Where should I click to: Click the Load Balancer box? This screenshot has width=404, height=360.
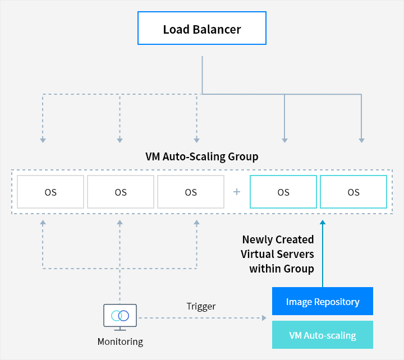(202, 29)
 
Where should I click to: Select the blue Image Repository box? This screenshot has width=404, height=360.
(322, 302)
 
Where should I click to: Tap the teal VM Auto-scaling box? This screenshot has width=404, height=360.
(322, 335)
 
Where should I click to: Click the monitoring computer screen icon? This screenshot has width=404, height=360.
(120, 316)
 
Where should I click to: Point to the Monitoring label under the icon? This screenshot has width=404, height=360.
(120, 341)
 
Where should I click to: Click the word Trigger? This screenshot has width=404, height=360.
(201, 306)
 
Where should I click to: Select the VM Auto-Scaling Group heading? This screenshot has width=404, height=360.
(202, 156)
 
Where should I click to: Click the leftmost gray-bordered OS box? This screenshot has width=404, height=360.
(50, 192)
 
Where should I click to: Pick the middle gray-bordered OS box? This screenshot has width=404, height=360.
(121, 192)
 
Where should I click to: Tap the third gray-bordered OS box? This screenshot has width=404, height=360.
(191, 192)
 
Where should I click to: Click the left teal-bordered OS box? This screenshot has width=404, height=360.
(283, 192)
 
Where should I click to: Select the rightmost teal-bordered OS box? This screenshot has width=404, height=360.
(353, 192)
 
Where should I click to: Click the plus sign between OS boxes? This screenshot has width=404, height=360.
(237, 192)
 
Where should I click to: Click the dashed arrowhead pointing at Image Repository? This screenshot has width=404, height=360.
(264, 318)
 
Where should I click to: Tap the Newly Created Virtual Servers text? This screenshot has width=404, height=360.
(278, 254)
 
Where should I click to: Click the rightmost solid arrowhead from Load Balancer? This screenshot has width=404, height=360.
(361, 140)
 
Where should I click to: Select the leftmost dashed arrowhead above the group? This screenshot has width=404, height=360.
(43, 140)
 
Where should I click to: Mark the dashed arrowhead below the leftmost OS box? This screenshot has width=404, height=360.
(43, 223)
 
